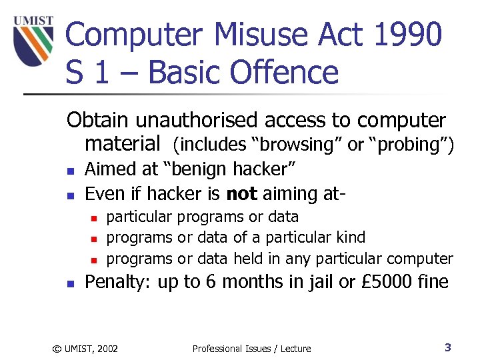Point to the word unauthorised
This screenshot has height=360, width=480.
click(x=197, y=121)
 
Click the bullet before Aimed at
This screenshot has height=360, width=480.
click(x=70, y=171)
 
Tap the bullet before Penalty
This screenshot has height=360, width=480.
click(x=70, y=283)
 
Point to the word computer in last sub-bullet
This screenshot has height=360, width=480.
click(x=420, y=259)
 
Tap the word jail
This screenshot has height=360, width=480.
click(x=320, y=282)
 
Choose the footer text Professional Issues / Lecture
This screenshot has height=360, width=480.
click(x=251, y=348)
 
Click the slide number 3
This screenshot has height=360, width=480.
click(x=448, y=347)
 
